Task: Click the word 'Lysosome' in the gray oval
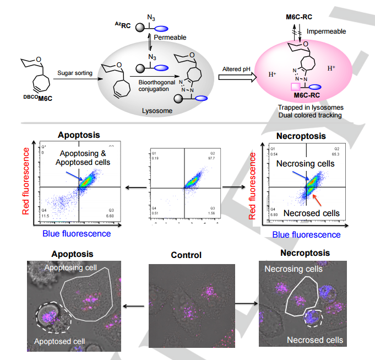click(x=156, y=111)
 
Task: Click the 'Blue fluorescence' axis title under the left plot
click(x=77, y=233)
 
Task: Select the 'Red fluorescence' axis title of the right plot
click(x=253, y=185)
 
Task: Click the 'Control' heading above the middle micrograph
click(x=186, y=255)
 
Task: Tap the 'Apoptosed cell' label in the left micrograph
click(x=61, y=341)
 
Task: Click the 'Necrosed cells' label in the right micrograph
click(x=315, y=339)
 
